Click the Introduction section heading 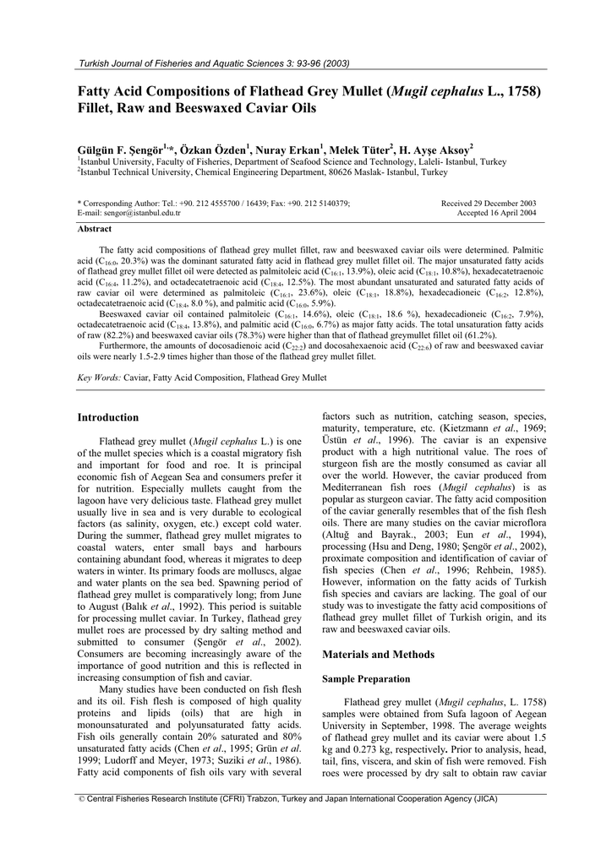pyautogui.click(x=108, y=417)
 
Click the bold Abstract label pyautogui.click(x=93, y=229)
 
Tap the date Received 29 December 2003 pyautogui.click(x=489, y=204)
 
